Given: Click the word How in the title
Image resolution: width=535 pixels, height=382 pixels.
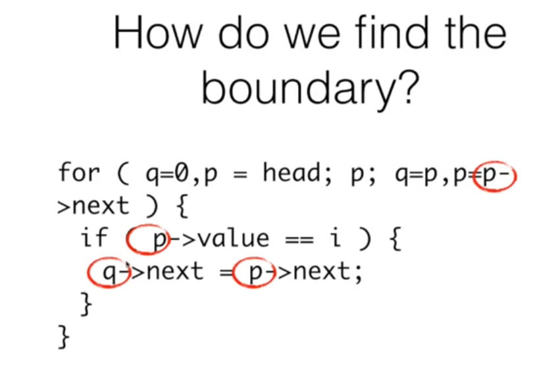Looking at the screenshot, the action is tap(158, 34).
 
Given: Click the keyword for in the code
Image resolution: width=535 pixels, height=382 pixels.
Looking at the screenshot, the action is tap(79, 172).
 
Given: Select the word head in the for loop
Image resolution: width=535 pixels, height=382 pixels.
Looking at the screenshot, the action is tap(291, 172).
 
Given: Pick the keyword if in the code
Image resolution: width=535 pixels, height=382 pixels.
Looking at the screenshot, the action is tap(94, 237).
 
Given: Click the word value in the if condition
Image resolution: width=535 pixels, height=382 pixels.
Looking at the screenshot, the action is tap(234, 238).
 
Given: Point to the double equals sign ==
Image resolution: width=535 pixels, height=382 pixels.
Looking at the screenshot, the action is tap(299, 239).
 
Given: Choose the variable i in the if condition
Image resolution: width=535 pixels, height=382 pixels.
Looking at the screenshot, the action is tap(336, 237).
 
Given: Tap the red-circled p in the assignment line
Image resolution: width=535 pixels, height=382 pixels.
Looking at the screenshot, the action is tap(254, 273).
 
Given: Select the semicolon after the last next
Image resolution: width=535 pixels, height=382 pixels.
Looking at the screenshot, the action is tap(357, 274).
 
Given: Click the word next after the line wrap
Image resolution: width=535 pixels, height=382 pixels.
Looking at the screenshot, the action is tap(101, 206).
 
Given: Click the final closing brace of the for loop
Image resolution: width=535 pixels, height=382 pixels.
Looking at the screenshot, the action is tap(64, 337).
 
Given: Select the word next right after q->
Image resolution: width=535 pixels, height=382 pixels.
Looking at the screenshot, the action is tap(174, 272).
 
